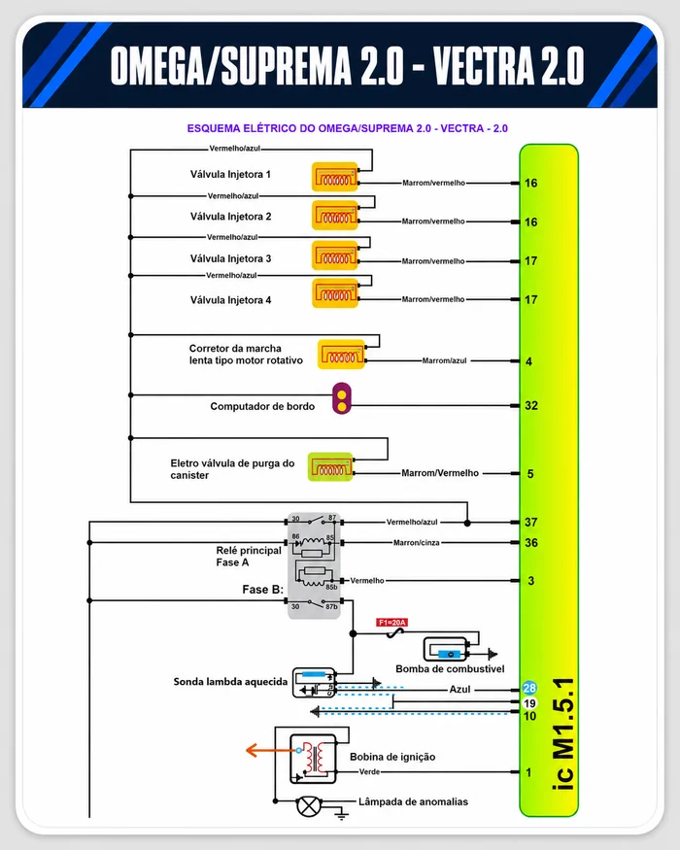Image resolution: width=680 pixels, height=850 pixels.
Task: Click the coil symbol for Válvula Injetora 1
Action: [x=335, y=177]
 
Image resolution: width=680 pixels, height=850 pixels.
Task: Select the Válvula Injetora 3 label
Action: [x=230, y=258]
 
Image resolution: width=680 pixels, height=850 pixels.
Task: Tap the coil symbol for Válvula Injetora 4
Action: [x=335, y=293]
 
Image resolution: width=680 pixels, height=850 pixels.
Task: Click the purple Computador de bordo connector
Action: [x=342, y=398]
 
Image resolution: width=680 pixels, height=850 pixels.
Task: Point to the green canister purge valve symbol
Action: [x=330, y=466]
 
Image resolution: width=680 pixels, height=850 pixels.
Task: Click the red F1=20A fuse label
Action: [x=391, y=623]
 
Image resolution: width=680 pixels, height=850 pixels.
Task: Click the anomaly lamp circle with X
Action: [x=309, y=806]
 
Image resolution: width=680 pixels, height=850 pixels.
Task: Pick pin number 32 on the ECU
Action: [x=531, y=405]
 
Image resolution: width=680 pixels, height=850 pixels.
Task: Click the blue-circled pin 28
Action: [x=529, y=688]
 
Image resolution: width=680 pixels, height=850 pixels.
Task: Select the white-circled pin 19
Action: [x=529, y=703]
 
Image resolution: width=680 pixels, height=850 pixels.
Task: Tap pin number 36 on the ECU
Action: [x=531, y=543]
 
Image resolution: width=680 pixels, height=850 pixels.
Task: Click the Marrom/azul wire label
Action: [x=444, y=360]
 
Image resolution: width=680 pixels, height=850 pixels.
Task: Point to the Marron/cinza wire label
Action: [x=417, y=543]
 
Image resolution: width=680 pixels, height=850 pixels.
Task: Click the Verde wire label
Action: [x=369, y=771]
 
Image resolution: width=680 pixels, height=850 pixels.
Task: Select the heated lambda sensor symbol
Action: [x=315, y=683]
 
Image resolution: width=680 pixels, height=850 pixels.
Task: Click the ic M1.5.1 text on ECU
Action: [x=564, y=733]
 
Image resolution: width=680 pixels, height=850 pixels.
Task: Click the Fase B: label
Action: [x=263, y=590]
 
